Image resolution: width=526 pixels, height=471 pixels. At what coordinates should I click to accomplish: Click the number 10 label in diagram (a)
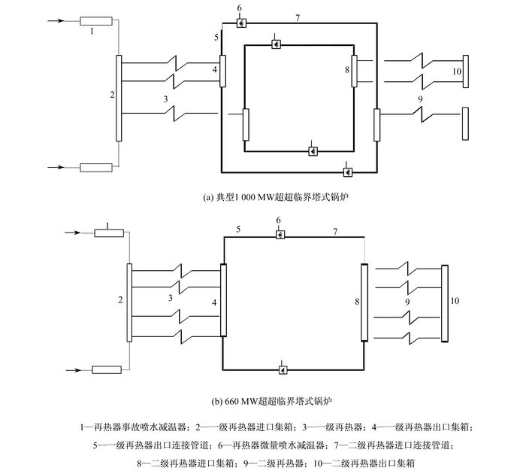point(457,71)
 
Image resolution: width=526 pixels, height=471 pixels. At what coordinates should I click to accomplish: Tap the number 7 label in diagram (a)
point(298,18)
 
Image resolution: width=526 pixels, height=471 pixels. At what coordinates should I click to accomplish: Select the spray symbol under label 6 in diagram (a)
point(241,23)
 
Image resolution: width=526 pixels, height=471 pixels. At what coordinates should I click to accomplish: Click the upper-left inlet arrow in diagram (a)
point(56,21)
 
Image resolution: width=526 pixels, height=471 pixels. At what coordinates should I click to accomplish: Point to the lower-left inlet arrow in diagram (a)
point(56,167)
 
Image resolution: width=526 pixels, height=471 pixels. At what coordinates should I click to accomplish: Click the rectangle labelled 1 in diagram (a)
point(96,21)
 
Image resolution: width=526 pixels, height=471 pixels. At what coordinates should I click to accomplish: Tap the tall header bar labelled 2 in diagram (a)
point(119,98)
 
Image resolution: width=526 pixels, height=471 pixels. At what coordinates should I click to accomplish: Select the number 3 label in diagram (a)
point(165,99)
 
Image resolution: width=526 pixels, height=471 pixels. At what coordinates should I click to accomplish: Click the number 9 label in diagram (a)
point(420,99)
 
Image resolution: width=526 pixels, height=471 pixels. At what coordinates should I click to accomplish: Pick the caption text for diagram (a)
point(276,197)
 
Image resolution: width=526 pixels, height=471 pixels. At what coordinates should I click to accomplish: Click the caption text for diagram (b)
point(272,401)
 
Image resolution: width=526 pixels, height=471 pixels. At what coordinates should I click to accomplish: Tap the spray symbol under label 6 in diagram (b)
point(280,234)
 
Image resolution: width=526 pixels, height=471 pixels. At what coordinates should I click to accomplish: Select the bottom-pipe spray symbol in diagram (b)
point(283,370)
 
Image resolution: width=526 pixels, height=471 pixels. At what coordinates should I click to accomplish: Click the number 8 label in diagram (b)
point(357,302)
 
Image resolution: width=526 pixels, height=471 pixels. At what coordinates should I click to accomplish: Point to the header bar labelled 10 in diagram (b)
point(445,304)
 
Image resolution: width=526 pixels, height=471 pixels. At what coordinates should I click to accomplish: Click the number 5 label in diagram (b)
point(238,229)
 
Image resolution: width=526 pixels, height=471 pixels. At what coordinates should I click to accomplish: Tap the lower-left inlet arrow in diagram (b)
point(74,370)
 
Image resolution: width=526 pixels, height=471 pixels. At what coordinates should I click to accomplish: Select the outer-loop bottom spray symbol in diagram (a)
point(348,172)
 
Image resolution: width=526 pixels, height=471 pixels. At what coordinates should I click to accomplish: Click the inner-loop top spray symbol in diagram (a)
point(276,44)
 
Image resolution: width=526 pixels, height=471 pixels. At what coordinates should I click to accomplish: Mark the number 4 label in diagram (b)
point(214,302)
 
